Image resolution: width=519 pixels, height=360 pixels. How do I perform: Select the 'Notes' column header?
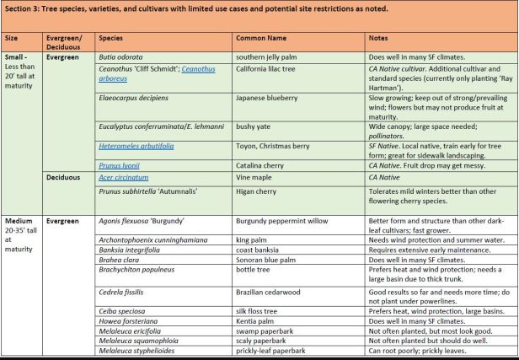(379, 39)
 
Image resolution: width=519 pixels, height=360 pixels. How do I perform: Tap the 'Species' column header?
(112, 39)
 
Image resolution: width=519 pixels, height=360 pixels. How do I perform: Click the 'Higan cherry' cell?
(255, 190)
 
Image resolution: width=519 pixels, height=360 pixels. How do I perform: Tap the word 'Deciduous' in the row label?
(65, 178)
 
